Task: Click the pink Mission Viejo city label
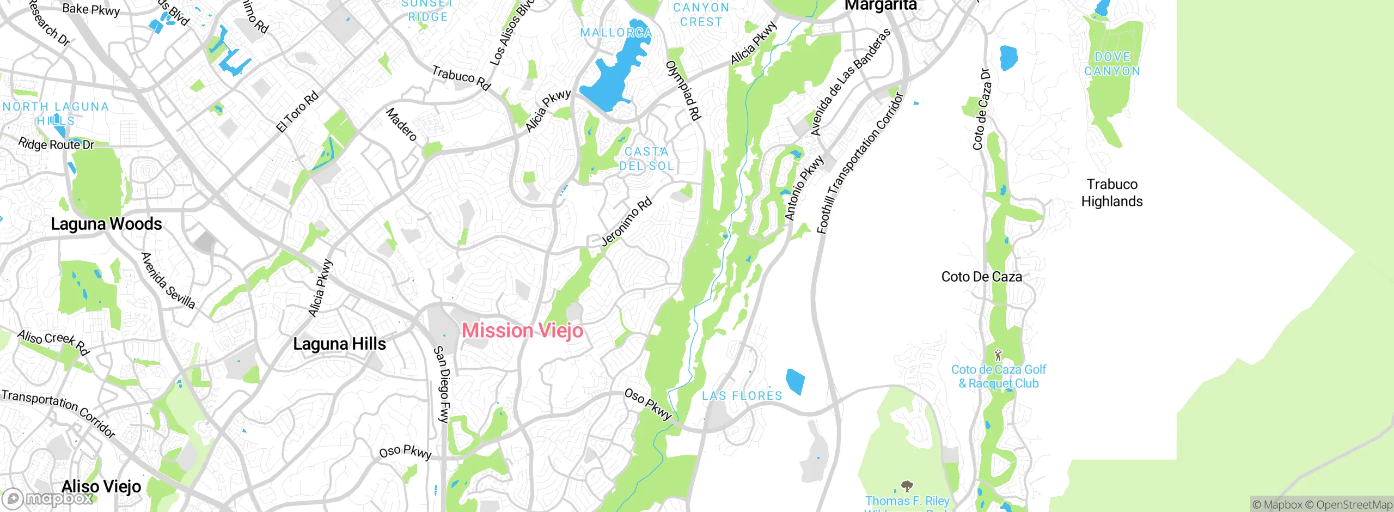pyautogui.click(x=522, y=331)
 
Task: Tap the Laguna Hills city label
pyautogui.click(x=339, y=344)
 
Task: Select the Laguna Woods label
pyautogui.click(x=106, y=224)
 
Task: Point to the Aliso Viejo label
pyautogui.click(x=101, y=486)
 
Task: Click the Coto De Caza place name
pyautogui.click(x=981, y=277)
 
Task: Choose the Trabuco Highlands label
pyautogui.click(x=1111, y=193)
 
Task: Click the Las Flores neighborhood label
pyautogui.click(x=742, y=396)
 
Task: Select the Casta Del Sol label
pyautogui.click(x=646, y=159)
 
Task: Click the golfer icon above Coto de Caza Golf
pyautogui.click(x=998, y=355)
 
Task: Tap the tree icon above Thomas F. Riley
pyautogui.click(x=907, y=485)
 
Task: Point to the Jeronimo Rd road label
pyautogui.click(x=626, y=222)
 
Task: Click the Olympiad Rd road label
pyautogui.click(x=683, y=90)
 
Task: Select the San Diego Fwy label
pyautogui.click(x=442, y=384)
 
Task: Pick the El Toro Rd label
pyautogui.click(x=297, y=112)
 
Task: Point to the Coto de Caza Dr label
pyautogui.click(x=981, y=109)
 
